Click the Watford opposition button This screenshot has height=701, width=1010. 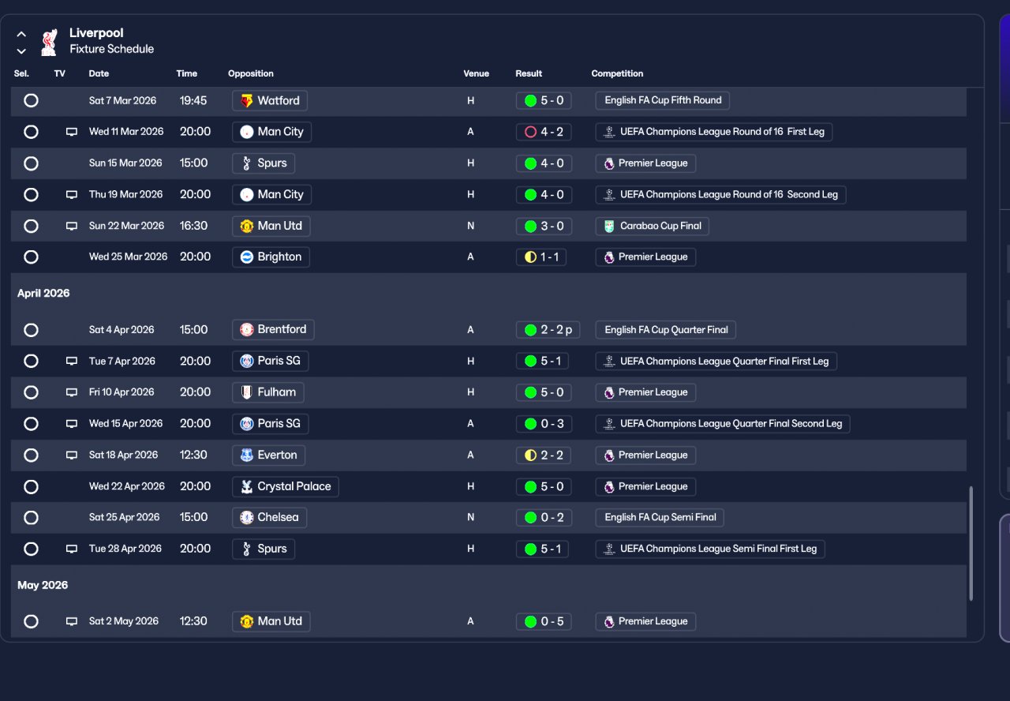point(270,100)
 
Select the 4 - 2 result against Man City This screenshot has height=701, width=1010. point(544,132)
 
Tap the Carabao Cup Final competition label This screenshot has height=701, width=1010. point(653,226)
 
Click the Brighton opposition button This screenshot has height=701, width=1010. point(271,257)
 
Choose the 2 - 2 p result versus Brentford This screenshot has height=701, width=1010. point(548,329)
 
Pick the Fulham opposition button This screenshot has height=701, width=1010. point(268,392)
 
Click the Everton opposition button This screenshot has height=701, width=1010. point(268,455)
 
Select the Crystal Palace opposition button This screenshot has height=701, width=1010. point(286,486)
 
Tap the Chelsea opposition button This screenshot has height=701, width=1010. point(270,517)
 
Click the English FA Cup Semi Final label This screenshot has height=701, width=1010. point(660,517)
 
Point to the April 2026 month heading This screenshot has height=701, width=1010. point(43,293)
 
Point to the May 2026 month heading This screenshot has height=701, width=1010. point(43,585)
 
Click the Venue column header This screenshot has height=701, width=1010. point(476,73)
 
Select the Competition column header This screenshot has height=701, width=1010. point(617,73)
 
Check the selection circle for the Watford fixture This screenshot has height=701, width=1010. point(31,100)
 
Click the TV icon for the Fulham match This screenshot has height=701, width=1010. point(72,392)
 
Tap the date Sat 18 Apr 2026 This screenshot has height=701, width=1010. point(123,455)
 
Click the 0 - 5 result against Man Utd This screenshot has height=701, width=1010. point(544,621)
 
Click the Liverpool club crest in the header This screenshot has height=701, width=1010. point(50,41)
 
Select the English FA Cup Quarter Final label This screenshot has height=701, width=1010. point(666,329)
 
